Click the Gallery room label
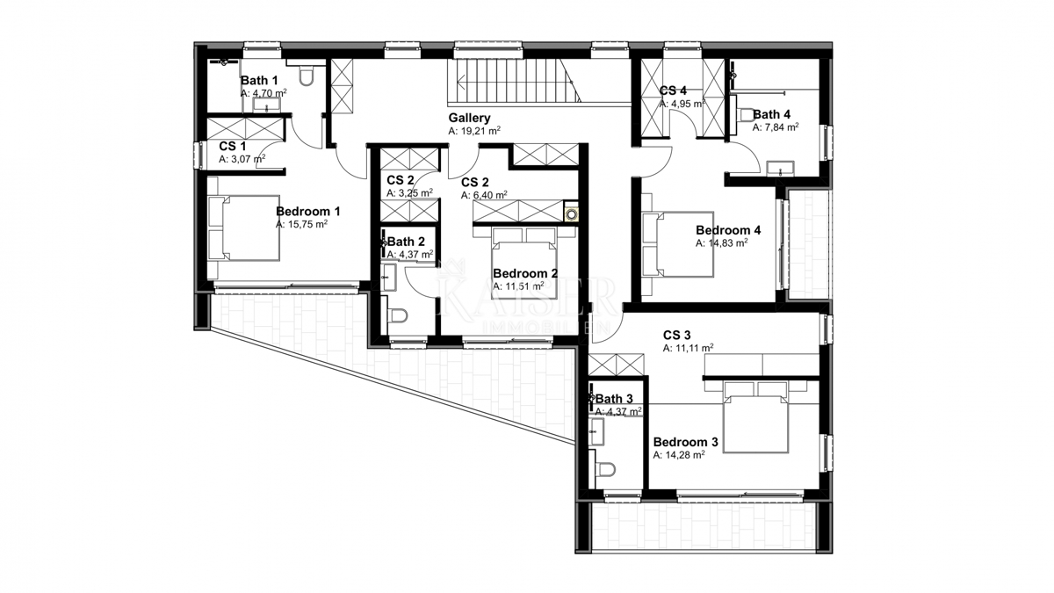tap(469, 118)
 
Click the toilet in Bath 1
tap(307, 78)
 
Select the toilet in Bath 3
tap(603, 471)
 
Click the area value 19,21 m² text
tap(474, 131)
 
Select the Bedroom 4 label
tap(728, 230)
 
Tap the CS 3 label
tap(676, 335)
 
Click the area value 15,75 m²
tap(301, 225)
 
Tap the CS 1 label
tap(232, 146)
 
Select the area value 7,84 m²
tap(775, 127)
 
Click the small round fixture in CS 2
tap(572, 213)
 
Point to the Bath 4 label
tap(771, 114)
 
